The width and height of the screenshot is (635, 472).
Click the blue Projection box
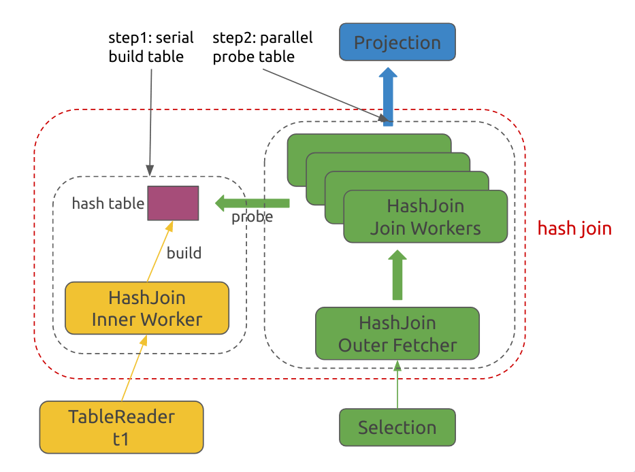pos(397,43)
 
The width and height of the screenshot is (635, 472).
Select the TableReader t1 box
pos(121,427)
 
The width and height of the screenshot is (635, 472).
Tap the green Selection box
pos(397,428)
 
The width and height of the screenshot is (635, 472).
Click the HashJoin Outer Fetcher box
pos(397,333)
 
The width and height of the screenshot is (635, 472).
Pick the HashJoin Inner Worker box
pos(146,308)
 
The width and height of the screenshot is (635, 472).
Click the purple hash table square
pos(173,203)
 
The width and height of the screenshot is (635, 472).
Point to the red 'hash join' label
pos(574,229)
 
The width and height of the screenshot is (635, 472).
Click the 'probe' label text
pos(252,217)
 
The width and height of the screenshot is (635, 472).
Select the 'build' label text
pos(184,253)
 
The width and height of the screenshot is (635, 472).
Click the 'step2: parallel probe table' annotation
pos(262,47)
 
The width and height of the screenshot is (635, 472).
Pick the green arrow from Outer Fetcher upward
pos(397,275)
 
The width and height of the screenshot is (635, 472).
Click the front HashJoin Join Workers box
pos(425,216)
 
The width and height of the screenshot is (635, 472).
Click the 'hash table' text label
pos(108,203)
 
